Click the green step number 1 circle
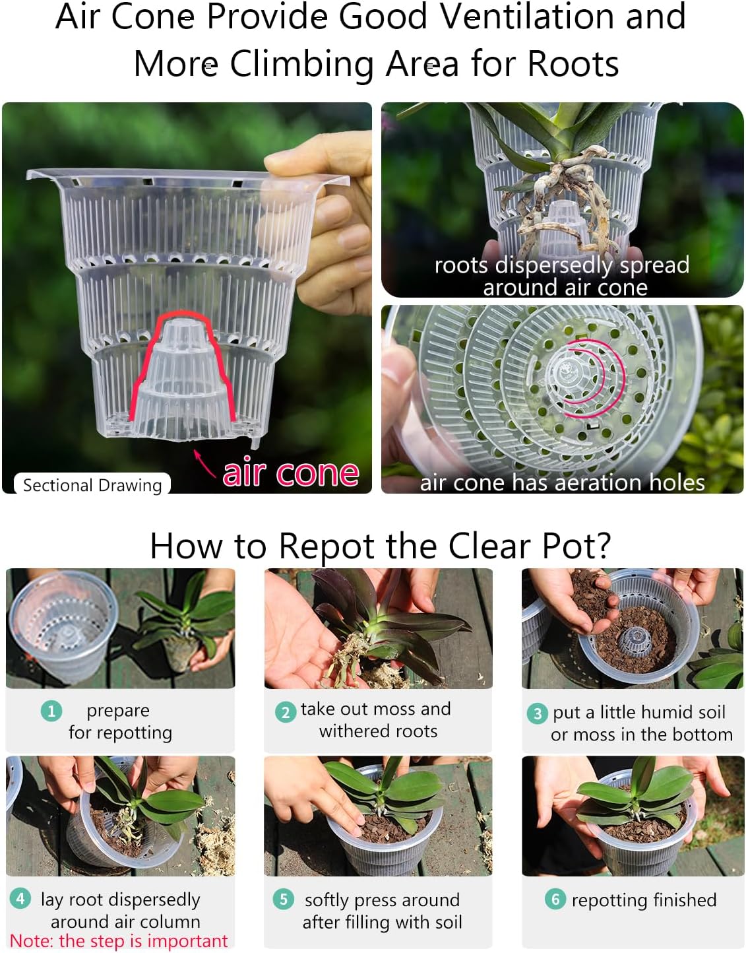tap(51, 711)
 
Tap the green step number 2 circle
tap(285, 712)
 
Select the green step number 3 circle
tap(537, 713)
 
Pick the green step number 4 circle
tap(20, 898)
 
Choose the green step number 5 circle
tap(283, 899)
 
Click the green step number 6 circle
tap(555, 899)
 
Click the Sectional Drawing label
tap(92, 485)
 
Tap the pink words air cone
tap(291, 473)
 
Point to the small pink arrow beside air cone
tap(205, 463)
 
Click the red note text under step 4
tap(119, 941)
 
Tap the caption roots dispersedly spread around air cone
tap(563, 276)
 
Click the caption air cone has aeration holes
tap(563, 482)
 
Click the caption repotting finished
tap(644, 900)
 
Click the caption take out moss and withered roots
tap(377, 720)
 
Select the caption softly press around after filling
tap(383, 911)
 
